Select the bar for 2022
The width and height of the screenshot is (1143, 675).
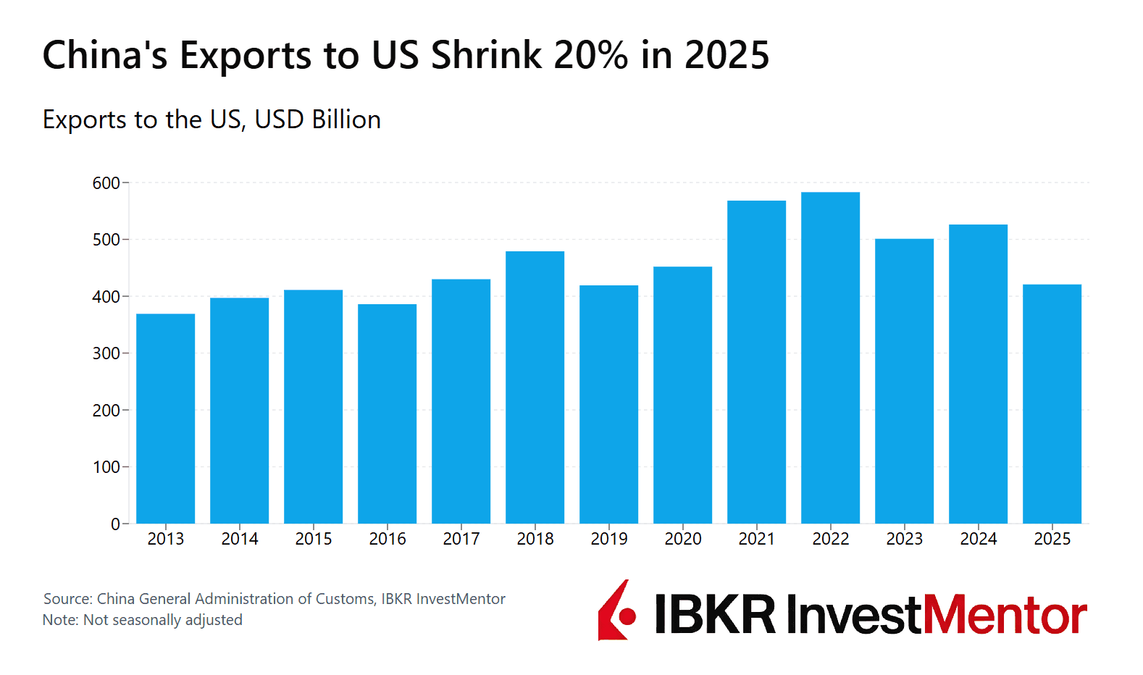tap(830, 358)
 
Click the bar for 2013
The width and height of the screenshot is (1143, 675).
tap(165, 419)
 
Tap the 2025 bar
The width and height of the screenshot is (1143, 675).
tap(1052, 404)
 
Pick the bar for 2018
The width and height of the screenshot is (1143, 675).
tap(535, 387)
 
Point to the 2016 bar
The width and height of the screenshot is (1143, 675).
tap(387, 414)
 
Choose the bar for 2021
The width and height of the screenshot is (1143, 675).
tap(756, 362)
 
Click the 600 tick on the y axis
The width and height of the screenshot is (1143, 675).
tap(106, 183)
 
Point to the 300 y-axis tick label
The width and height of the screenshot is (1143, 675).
tap(106, 353)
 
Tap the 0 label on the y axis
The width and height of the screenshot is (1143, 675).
tap(115, 524)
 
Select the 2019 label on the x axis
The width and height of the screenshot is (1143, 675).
tap(608, 539)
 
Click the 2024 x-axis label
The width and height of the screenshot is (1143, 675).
tap(978, 539)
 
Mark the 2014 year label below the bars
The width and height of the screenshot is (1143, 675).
tap(239, 539)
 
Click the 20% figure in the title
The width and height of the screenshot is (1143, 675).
tap(591, 55)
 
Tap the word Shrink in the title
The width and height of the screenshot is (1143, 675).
tap(486, 55)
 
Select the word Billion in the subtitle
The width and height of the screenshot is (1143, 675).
tap(346, 120)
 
